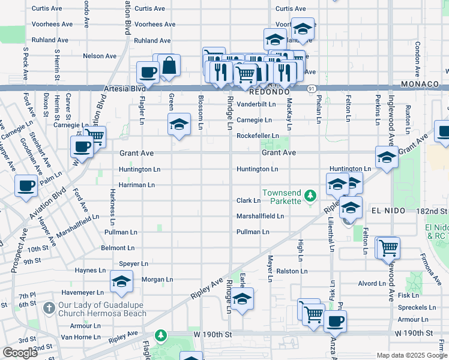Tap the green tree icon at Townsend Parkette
click(x=310, y=196)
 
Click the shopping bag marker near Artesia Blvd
click(x=170, y=67)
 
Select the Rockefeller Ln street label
click(x=257, y=136)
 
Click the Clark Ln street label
click(x=248, y=200)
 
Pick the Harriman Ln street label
click(x=136, y=185)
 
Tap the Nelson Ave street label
click(x=100, y=56)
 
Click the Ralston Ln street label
click(x=292, y=271)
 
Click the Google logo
click(x=20, y=353)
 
